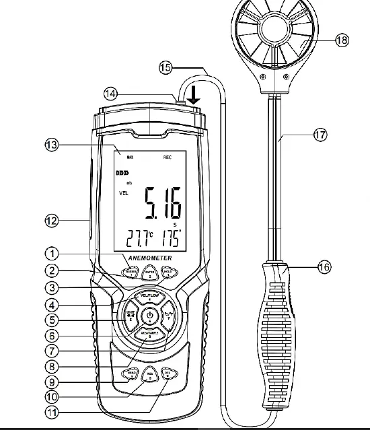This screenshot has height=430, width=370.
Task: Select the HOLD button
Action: pyautogui.click(x=169, y=271)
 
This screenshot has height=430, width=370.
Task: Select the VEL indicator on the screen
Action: pyautogui.click(x=123, y=193)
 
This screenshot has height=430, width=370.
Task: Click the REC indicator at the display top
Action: pyautogui.click(x=168, y=156)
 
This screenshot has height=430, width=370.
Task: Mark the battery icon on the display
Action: pyautogui.click(x=122, y=174)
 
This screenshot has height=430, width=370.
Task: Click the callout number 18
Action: pyautogui.click(x=342, y=40)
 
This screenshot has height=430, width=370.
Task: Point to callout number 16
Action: pyautogui.click(x=324, y=266)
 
